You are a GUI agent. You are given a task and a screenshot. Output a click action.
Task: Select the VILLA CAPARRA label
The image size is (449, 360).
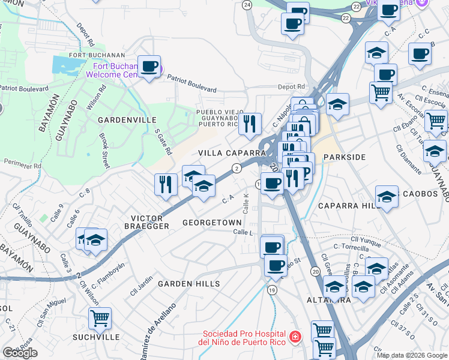(x=232, y=154)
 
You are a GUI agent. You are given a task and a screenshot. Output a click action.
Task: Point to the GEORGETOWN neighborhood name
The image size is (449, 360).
(x=212, y=222)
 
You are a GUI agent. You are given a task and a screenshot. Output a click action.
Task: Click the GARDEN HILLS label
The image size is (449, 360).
(x=188, y=283)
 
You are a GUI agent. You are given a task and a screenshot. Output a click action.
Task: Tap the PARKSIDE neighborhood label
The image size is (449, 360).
(x=344, y=157)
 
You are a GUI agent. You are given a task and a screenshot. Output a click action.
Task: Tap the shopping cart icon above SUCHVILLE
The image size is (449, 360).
(x=100, y=317)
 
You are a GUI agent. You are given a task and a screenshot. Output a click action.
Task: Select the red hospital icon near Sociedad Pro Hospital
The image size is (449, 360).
(x=294, y=338)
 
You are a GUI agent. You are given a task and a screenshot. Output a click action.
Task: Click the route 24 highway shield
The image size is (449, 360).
(x=247, y=5)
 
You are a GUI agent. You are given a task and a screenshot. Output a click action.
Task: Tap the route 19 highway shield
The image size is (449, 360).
(x=273, y=290)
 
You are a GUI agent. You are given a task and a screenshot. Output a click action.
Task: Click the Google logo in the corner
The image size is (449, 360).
(x=20, y=353)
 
